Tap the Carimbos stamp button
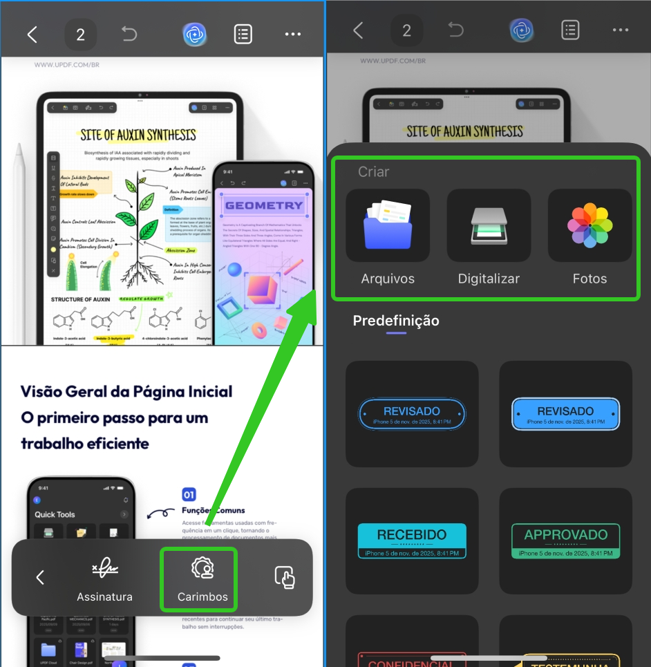[x=202, y=579]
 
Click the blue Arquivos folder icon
[x=388, y=225]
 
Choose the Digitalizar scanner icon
[x=489, y=225]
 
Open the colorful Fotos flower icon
[x=589, y=225]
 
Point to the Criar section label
[x=373, y=171]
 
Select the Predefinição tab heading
[x=396, y=321]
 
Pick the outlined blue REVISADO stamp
[x=412, y=414]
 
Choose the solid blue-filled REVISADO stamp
[x=565, y=414]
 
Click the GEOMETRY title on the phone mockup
[x=264, y=205]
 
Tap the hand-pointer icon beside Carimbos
[x=285, y=577]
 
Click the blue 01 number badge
[x=189, y=494]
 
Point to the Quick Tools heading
[x=55, y=514]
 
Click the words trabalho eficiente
[x=85, y=444]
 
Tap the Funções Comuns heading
[x=213, y=511]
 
